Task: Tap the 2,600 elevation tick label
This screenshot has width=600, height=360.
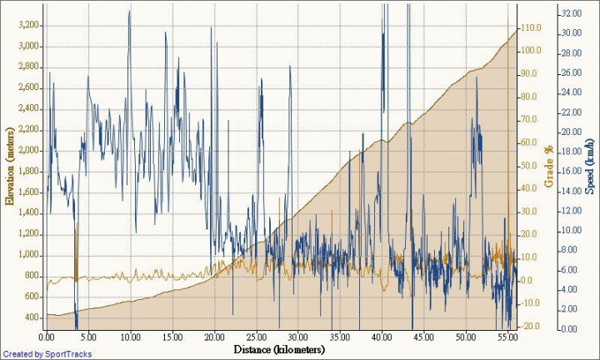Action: click(x=27, y=87)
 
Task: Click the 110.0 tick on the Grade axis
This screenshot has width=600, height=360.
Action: click(x=531, y=27)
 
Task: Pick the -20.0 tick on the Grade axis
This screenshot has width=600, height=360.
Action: click(x=531, y=326)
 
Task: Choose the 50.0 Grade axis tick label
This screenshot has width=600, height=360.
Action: click(x=531, y=165)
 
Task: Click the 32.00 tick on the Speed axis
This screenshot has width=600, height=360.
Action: click(x=570, y=14)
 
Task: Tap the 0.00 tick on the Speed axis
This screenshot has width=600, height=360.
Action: click(x=570, y=329)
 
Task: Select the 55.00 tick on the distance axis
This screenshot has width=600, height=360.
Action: click(x=507, y=337)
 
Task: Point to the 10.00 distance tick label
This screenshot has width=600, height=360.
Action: click(x=130, y=337)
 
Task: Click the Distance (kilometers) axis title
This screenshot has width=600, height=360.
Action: click(x=279, y=349)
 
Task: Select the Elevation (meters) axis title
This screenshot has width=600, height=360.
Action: click(x=10, y=166)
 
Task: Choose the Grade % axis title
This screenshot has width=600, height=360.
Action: click(x=549, y=167)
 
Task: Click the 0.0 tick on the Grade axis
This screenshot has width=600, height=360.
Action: click(x=531, y=280)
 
